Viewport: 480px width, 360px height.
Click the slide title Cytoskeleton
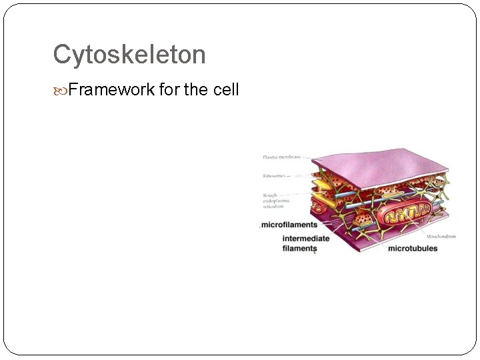coord(129,55)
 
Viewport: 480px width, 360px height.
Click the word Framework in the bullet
coord(111,90)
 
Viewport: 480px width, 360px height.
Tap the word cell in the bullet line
coord(225,90)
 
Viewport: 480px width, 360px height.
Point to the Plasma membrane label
coord(281,157)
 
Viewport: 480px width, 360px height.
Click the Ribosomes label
coord(275,177)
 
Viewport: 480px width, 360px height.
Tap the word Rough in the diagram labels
coord(269,195)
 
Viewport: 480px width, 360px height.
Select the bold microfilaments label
coord(289,225)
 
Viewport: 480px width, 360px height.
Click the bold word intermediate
coord(306,239)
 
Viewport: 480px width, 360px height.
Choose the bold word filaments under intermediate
coord(299,249)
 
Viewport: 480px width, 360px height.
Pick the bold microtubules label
coord(413,249)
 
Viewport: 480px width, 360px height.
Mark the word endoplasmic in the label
coord(278,201)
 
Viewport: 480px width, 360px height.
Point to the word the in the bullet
coord(195,90)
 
